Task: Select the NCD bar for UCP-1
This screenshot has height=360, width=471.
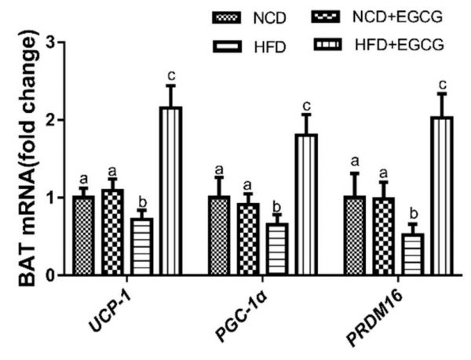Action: coord(82,235)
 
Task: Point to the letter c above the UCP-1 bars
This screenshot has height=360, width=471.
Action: coord(170,76)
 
